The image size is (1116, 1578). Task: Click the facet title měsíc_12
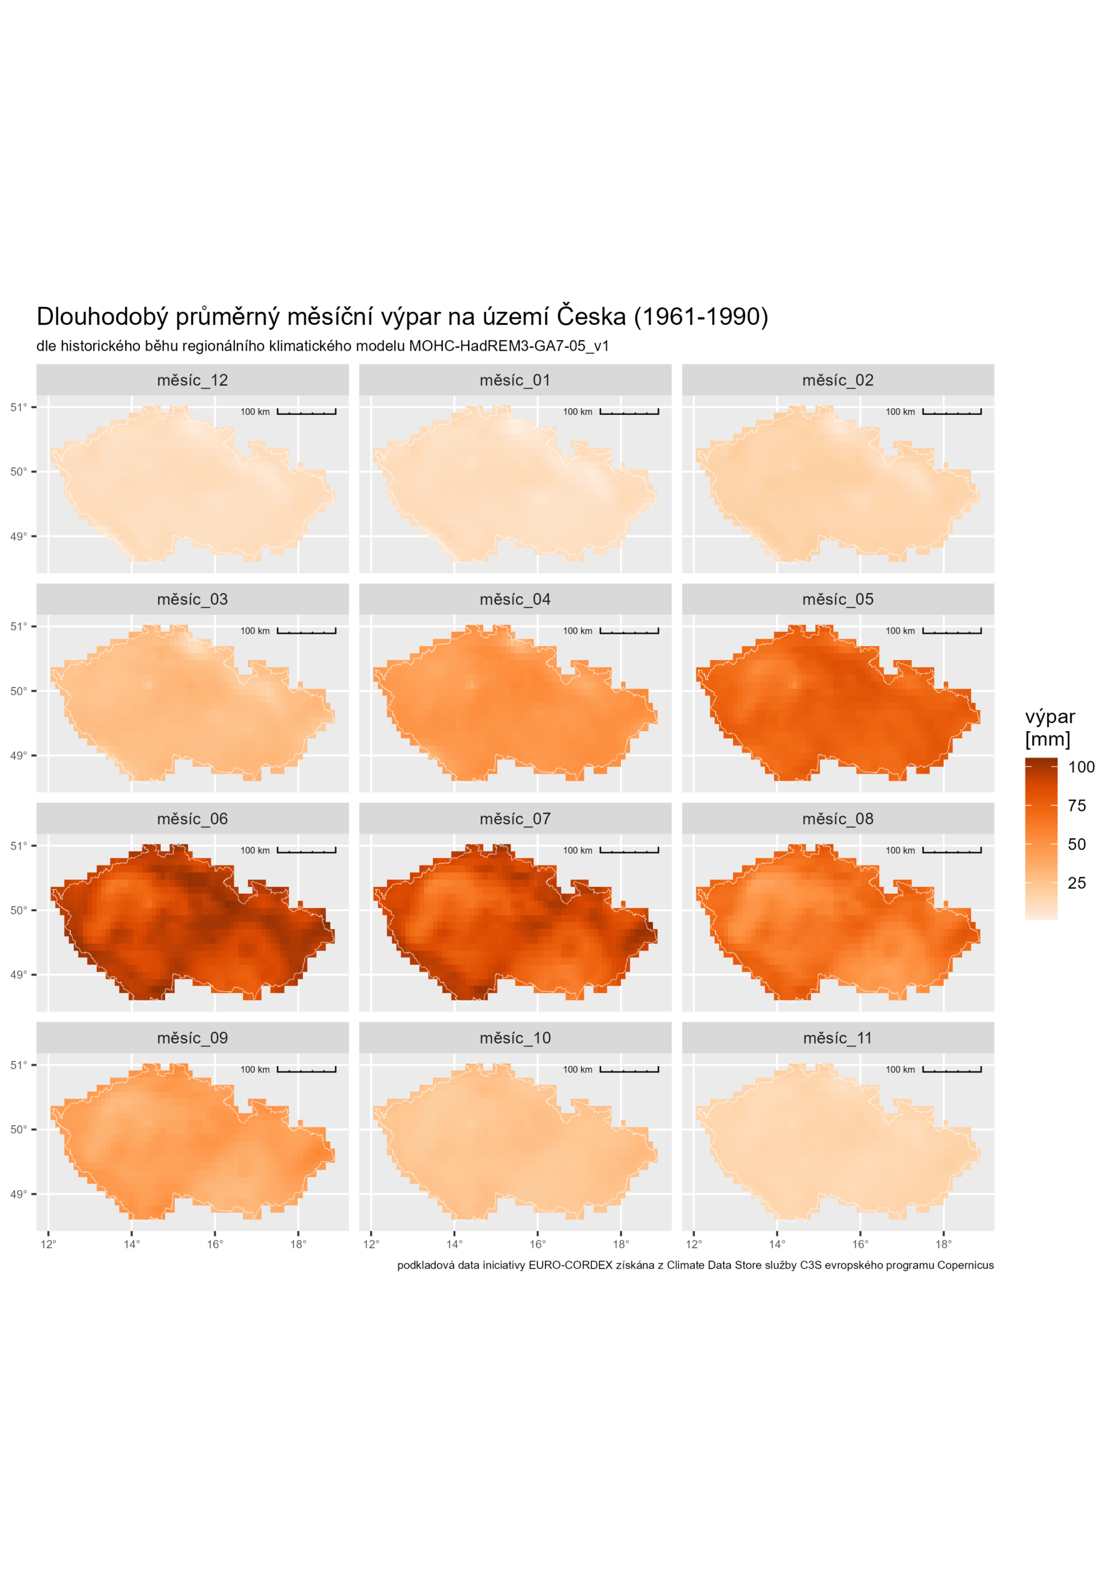(x=192, y=380)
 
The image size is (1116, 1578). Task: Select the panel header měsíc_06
(x=192, y=819)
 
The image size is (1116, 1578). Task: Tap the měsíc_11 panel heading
(x=837, y=1038)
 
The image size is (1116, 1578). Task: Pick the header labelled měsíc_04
(x=515, y=599)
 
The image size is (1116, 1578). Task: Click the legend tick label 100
(x=1081, y=767)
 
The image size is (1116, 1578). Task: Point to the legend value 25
(x=1077, y=883)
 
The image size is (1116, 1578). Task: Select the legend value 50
(x=1077, y=844)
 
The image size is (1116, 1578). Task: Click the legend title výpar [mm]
(x=1049, y=728)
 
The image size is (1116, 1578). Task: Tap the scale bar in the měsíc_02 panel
(x=951, y=412)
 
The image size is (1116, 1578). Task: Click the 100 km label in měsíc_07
(x=578, y=851)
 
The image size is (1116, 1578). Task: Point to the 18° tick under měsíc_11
(x=943, y=1244)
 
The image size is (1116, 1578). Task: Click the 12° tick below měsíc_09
(x=48, y=1244)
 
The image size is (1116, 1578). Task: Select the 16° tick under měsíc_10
(x=538, y=1244)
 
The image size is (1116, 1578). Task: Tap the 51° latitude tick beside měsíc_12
(x=18, y=407)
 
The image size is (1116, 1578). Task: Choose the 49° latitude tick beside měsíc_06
(x=18, y=975)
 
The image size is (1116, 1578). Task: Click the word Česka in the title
(x=591, y=317)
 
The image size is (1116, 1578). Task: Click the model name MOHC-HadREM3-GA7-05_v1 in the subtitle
(x=509, y=346)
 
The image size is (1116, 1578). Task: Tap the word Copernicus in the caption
(x=966, y=1265)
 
